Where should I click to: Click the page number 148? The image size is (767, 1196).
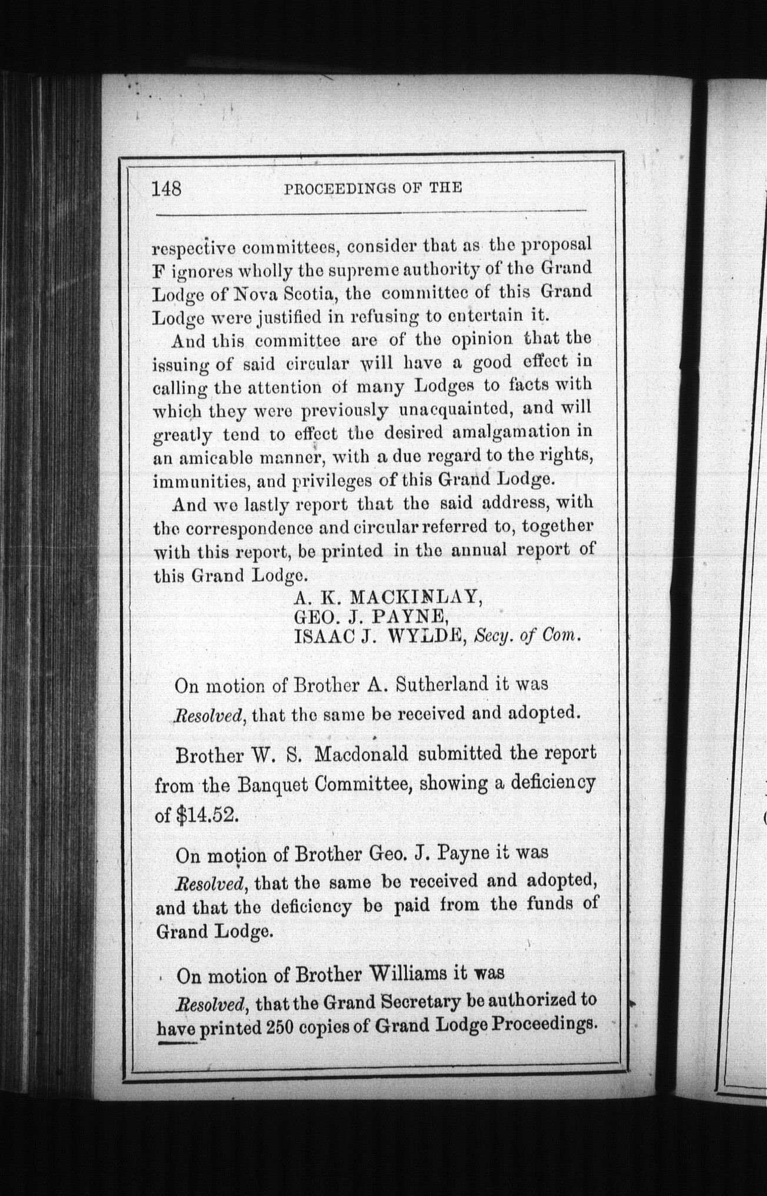pyautogui.click(x=166, y=188)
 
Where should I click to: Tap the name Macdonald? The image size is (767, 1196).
pyautogui.click(x=361, y=754)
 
